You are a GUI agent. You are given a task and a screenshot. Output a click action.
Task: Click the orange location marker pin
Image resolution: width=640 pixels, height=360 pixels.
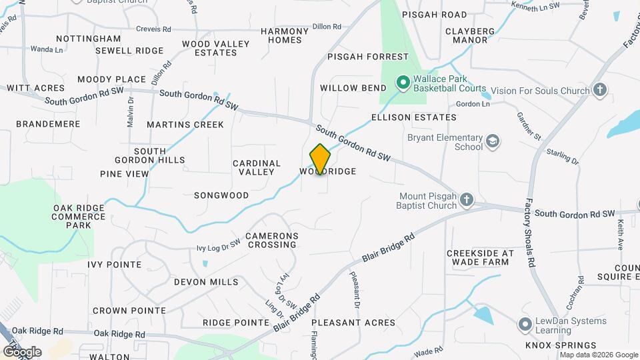(320, 159)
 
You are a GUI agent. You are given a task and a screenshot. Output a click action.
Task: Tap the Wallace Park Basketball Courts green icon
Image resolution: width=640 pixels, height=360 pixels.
(403, 83)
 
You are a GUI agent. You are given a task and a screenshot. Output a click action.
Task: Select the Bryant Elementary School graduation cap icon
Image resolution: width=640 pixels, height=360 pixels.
(493, 141)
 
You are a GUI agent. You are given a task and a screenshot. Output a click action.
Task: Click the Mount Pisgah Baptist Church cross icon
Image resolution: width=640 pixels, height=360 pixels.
(467, 200)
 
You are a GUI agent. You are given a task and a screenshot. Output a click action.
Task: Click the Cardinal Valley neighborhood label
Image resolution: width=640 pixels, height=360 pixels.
(257, 167)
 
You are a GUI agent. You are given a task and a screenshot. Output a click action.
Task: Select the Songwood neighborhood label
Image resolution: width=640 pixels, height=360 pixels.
(221, 195)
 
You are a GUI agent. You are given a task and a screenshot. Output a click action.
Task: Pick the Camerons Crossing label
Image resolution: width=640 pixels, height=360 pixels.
(271, 240)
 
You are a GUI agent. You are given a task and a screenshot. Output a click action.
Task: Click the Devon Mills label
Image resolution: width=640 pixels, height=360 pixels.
(206, 282)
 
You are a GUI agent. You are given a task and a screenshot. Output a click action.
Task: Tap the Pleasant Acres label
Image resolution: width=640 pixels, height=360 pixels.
(353, 323)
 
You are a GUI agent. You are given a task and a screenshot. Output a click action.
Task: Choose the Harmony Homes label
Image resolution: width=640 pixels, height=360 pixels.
(285, 35)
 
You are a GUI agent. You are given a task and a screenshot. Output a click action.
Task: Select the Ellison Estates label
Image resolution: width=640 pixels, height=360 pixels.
(413, 117)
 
